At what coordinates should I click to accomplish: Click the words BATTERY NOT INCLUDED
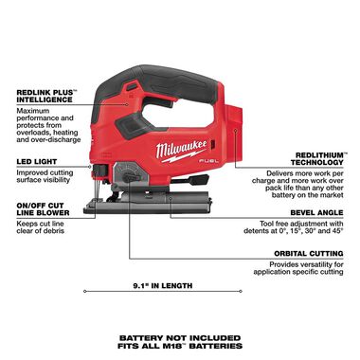pos(179,336)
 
